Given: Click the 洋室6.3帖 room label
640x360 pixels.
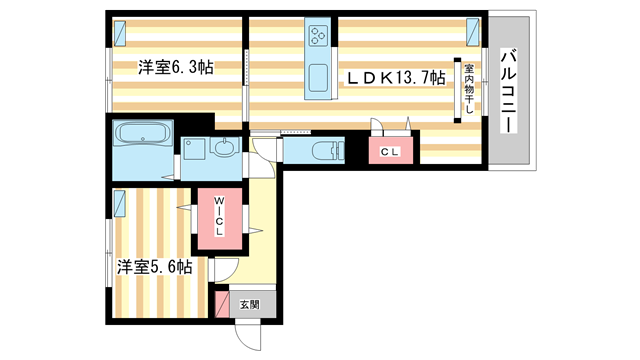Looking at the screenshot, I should (176, 67).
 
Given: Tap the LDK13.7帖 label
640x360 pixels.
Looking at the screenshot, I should (396, 78).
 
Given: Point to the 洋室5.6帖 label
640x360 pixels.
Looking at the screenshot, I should (154, 267).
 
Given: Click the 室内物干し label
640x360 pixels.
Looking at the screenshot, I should (467, 88).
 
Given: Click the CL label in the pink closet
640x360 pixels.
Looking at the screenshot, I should (390, 152).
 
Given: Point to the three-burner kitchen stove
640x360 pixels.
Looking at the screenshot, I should (320, 37).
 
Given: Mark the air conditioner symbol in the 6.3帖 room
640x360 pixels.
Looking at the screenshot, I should (119, 32).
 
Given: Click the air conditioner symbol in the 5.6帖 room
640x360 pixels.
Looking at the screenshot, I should (119, 204).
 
